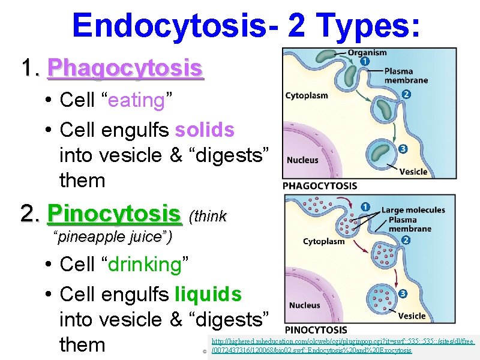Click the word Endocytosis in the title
tap(175, 25)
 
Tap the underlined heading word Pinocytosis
tap(114, 213)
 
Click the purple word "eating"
tap(136, 101)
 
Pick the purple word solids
tap(205, 130)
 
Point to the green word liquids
tap(208, 295)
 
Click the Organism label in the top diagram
tap(367, 53)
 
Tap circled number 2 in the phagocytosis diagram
tap(406, 94)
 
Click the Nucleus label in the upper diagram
tap(302, 160)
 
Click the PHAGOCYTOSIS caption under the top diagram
tap(320, 186)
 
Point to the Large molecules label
tap(413, 210)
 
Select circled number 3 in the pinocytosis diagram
tap(403, 293)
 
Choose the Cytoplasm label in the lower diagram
tap(323, 241)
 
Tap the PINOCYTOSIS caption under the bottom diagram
tap(316, 330)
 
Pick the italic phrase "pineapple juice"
tap(113, 238)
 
